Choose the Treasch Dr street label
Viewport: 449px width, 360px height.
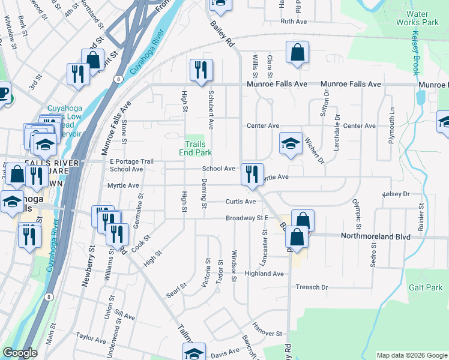click(x=312, y=287)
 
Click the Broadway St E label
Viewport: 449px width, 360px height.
click(x=246, y=218)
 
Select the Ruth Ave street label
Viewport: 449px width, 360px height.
click(x=294, y=21)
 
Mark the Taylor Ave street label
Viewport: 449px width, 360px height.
click(x=91, y=339)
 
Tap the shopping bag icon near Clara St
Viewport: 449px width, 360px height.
click(x=297, y=52)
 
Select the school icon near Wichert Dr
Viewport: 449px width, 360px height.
click(x=291, y=143)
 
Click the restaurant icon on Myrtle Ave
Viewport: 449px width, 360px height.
click(x=252, y=174)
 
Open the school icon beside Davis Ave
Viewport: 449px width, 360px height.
click(x=194, y=353)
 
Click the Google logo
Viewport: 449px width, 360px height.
click(x=20, y=353)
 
